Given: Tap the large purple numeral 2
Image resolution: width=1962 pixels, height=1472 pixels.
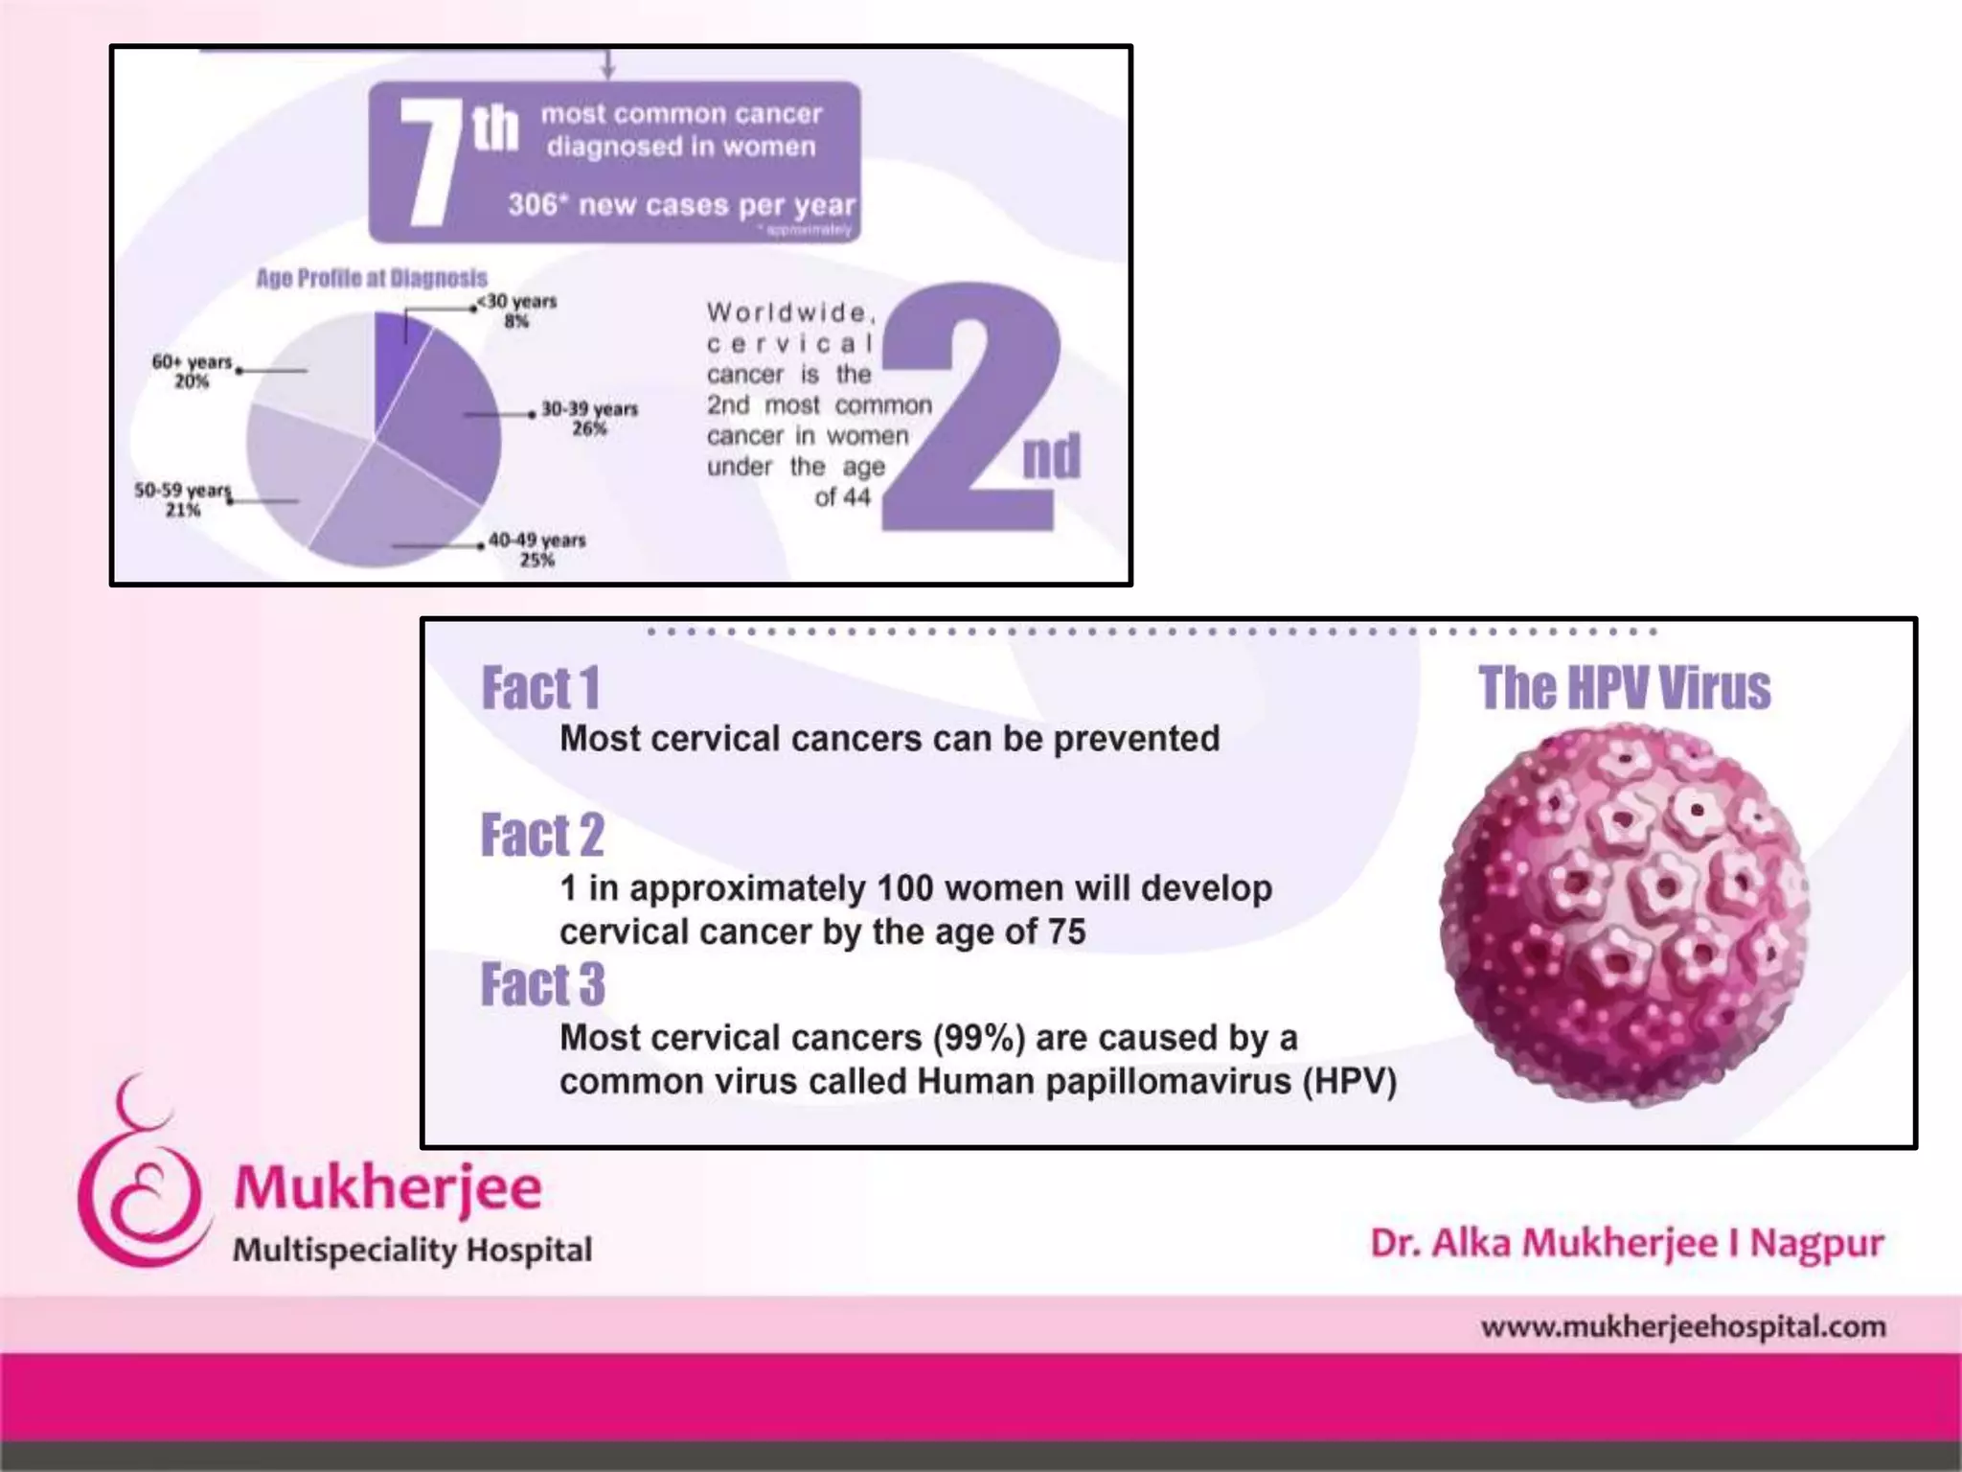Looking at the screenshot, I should (x=970, y=407).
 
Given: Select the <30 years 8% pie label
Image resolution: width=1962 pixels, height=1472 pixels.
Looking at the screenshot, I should (x=517, y=310).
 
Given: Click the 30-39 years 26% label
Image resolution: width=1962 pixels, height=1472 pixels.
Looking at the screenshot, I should (x=589, y=419).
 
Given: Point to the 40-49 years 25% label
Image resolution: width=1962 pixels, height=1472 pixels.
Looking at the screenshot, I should (x=536, y=549).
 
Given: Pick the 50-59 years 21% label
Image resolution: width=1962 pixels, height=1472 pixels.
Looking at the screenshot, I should (x=183, y=499).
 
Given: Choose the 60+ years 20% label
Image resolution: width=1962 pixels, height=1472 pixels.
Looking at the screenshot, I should (x=192, y=371).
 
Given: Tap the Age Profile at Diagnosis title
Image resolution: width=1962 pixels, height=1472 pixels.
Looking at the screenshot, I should (x=371, y=278).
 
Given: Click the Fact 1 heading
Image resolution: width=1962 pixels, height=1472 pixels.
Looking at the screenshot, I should (x=540, y=688).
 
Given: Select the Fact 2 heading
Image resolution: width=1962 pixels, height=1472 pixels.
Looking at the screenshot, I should (x=542, y=835).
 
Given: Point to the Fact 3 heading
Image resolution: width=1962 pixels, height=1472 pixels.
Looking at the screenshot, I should (x=542, y=984).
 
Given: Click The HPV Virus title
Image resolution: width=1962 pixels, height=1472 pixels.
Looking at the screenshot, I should (x=1624, y=688).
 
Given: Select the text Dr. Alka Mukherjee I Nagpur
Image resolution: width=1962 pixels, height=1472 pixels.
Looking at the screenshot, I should (x=1627, y=1243).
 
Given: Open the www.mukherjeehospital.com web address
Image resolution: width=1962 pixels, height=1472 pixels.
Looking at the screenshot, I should (x=1682, y=1327).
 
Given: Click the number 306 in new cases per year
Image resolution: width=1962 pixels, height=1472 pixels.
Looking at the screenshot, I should (x=533, y=204).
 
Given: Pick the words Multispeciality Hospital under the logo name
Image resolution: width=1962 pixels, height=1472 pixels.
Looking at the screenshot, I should (x=412, y=1250).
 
